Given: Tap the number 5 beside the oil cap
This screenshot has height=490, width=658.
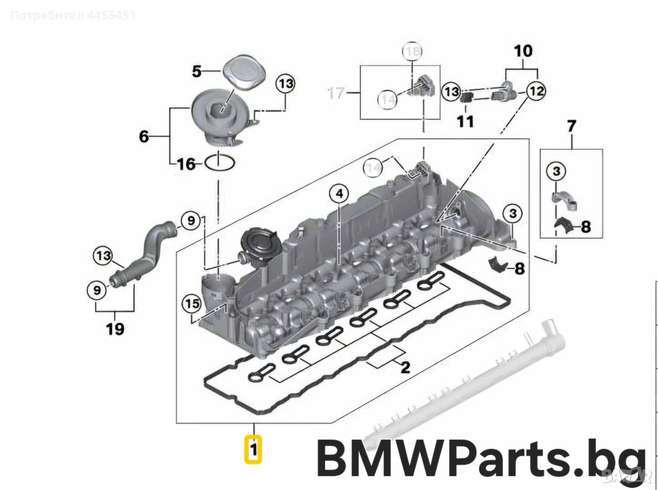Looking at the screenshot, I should point(197,71).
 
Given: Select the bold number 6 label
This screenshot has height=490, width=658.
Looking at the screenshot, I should point(144,136).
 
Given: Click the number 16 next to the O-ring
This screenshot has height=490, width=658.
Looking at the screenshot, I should point(186,164).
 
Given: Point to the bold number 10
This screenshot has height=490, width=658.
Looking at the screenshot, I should point(523,51).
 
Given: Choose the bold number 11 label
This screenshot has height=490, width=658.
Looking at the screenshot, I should point(466,121).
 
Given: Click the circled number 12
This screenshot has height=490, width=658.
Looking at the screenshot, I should point(535,92).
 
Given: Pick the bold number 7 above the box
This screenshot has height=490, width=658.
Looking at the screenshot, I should point(571,126).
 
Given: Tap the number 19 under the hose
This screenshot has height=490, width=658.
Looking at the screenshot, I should point(115,329).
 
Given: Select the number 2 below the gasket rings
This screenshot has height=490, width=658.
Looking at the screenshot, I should point(405,367).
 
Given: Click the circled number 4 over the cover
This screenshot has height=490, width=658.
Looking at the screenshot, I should point(339,194).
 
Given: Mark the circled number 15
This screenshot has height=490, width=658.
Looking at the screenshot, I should point(192,304).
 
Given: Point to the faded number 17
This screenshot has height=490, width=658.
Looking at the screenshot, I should point(336,93).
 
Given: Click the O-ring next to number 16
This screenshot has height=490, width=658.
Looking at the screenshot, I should point(220,164).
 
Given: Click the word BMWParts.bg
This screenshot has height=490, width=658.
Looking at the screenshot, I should point(481,458).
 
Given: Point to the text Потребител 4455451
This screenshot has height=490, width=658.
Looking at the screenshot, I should point(74,15).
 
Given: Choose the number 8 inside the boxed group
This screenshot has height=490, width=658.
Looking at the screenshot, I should point(586,227).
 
